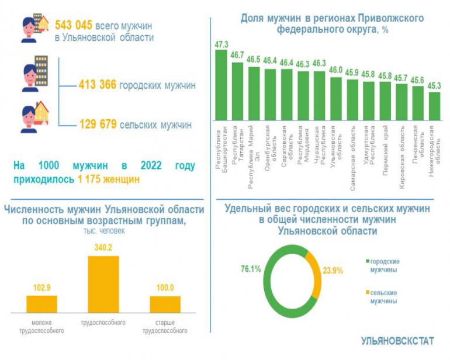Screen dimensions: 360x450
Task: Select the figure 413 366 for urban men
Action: [x=98, y=85]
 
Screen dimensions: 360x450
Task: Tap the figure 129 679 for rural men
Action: [x=98, y=124]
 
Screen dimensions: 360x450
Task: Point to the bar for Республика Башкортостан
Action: [x=221, y=85]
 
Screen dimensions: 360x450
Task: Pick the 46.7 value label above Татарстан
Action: [x=238, y=55]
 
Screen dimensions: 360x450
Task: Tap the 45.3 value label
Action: [x=434, y=85]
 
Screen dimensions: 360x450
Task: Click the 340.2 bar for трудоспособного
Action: [x=103, y=285]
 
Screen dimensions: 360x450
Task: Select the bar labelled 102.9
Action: [x=42, y=304]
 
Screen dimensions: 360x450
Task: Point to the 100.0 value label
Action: [x=165, y=289]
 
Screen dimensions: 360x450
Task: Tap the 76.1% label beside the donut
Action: [x=250, y=269]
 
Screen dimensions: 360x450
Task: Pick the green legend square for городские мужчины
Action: [x=367, y=261]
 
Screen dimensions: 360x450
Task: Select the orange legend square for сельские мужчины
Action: [x=367, y=292]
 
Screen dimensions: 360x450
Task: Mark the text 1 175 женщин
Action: [x=109, y=179]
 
